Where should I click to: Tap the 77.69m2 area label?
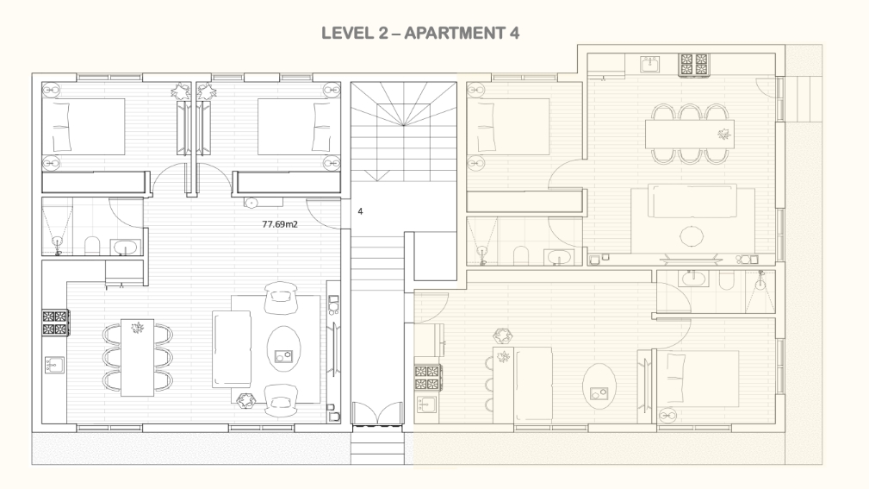[280, 224]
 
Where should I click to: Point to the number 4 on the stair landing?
[360, 211]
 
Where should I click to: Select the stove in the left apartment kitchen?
[56, 323]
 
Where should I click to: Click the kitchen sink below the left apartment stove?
[54, 365]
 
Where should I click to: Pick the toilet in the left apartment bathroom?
[92, 245]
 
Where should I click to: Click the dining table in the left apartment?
[138, 357]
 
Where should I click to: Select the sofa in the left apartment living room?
[232, 348]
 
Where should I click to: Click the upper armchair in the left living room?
[281, 298]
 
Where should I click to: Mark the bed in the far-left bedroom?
[84, 127]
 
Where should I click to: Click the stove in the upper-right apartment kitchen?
[694, 64]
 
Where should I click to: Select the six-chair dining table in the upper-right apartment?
[690, 134]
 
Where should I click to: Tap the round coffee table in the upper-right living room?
[691, 236]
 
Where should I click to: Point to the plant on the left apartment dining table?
[138, 328]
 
